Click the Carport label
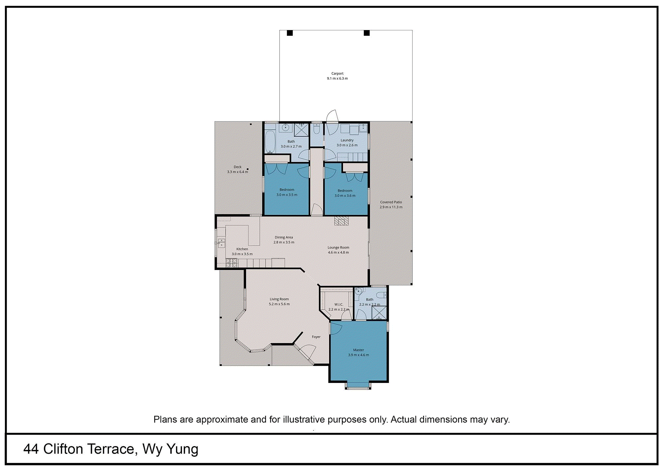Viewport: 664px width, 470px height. (337, 73)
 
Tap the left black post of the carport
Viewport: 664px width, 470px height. (290, 33)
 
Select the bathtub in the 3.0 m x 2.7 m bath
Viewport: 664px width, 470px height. (270, 141)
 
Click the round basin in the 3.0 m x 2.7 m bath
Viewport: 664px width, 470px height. (285, 127)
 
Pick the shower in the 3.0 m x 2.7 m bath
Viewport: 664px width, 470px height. (301, 130)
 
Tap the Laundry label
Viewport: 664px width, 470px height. (347, 140)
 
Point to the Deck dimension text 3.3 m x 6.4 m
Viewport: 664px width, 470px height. (237, 172)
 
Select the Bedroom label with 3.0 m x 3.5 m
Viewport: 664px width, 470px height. (287, 190)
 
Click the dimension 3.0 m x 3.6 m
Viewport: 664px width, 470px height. (345, 196)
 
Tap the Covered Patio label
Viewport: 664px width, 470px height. (391, 202)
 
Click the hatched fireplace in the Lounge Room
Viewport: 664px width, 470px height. (341, 221)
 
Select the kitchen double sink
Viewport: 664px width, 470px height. (221, 243)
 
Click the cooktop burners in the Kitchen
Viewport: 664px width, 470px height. (232, 263)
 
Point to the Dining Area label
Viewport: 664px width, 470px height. (284, 237)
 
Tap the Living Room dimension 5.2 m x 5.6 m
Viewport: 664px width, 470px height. (279, 304)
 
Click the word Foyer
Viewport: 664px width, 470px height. (316, 337)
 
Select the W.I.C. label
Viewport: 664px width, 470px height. (339, 304)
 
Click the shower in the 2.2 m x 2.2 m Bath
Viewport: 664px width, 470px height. (379, 313)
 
